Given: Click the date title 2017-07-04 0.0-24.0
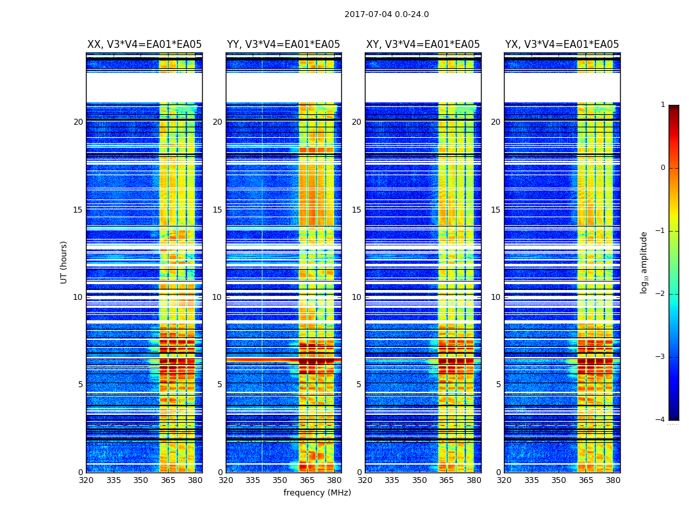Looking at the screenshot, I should point(386,14).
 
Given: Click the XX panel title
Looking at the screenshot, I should point(144,45).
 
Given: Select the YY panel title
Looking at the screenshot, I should point(283,45).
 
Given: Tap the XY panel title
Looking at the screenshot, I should point(423,45).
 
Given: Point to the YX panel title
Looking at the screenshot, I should point(562,45).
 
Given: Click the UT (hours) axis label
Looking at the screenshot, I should point(64,262).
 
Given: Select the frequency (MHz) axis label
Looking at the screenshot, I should point(317,493).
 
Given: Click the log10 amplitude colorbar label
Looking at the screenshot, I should point(644,262).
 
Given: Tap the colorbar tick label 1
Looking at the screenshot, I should point(662,105).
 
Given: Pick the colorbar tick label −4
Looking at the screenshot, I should point(661,420).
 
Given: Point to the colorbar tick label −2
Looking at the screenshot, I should point(661,294).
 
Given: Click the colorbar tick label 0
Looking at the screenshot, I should point(662,168).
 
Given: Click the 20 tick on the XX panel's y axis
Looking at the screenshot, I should point(78,122).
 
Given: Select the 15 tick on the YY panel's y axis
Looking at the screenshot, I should point(217,210).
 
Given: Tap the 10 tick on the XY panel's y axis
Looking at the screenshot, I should point(356,297).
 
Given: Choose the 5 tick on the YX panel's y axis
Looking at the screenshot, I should point(498,385).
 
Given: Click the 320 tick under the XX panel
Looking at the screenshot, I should point(87,480).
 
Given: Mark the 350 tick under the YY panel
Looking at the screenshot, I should point(280,480).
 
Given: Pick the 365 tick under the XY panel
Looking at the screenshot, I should point(446,480).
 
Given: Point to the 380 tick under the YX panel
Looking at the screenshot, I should point(613,480).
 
